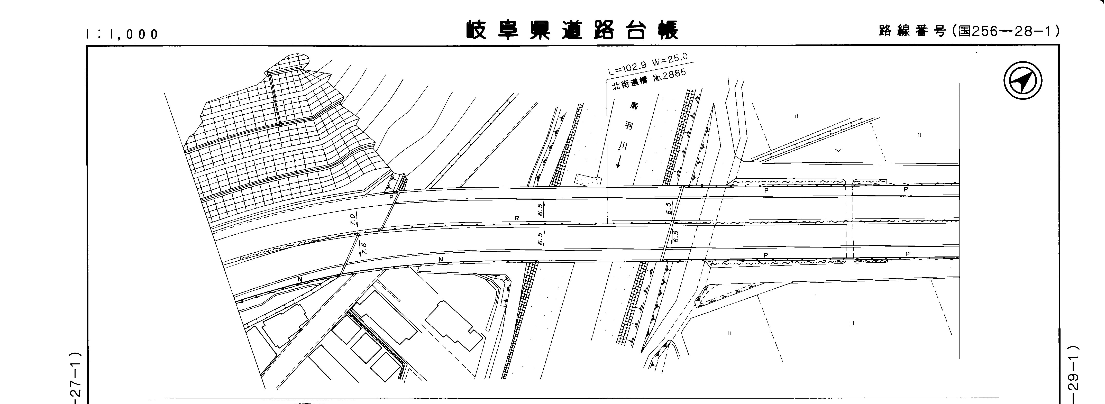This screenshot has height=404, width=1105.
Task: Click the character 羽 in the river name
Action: coord(629,126)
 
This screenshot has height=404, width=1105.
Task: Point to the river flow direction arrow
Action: coord(619,162)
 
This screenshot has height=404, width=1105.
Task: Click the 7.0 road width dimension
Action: coord(353,220)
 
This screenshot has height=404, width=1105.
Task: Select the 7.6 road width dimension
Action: coord(364,248)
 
